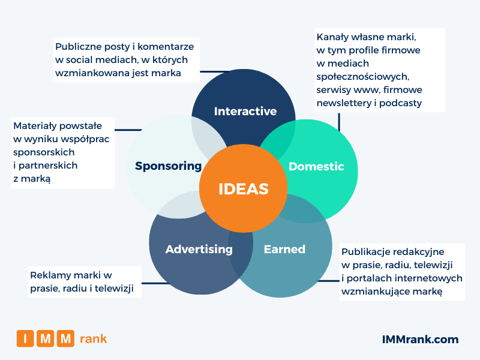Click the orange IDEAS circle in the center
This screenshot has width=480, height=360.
pos(243,188)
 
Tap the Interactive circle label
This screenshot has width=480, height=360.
pos(245,111)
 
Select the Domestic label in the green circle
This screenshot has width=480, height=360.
pos(316,166)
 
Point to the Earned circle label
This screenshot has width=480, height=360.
pos(284,249)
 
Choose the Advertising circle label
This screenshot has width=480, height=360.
pos(199,249)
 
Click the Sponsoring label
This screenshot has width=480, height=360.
pos(168,166)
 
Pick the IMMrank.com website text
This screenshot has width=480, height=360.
pos(420,340)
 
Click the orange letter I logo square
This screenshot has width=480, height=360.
pos(25,339)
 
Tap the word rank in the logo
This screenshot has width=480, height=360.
pos(93,339)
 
